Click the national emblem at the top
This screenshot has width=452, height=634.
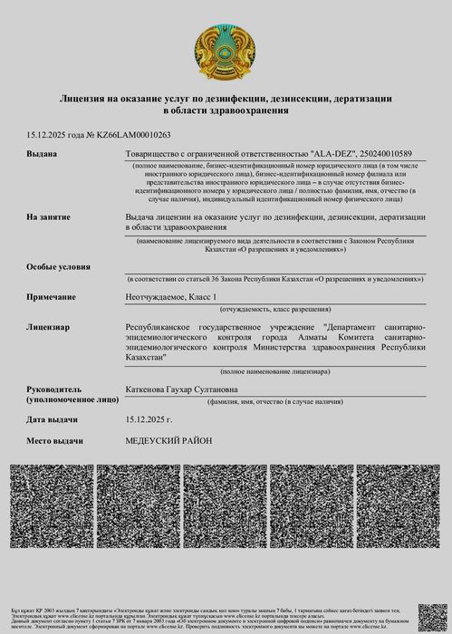[225, 53]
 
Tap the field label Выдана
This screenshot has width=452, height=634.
[42, 154]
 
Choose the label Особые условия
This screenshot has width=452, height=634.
[58, 268]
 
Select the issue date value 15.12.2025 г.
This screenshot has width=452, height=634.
[149, 419]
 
